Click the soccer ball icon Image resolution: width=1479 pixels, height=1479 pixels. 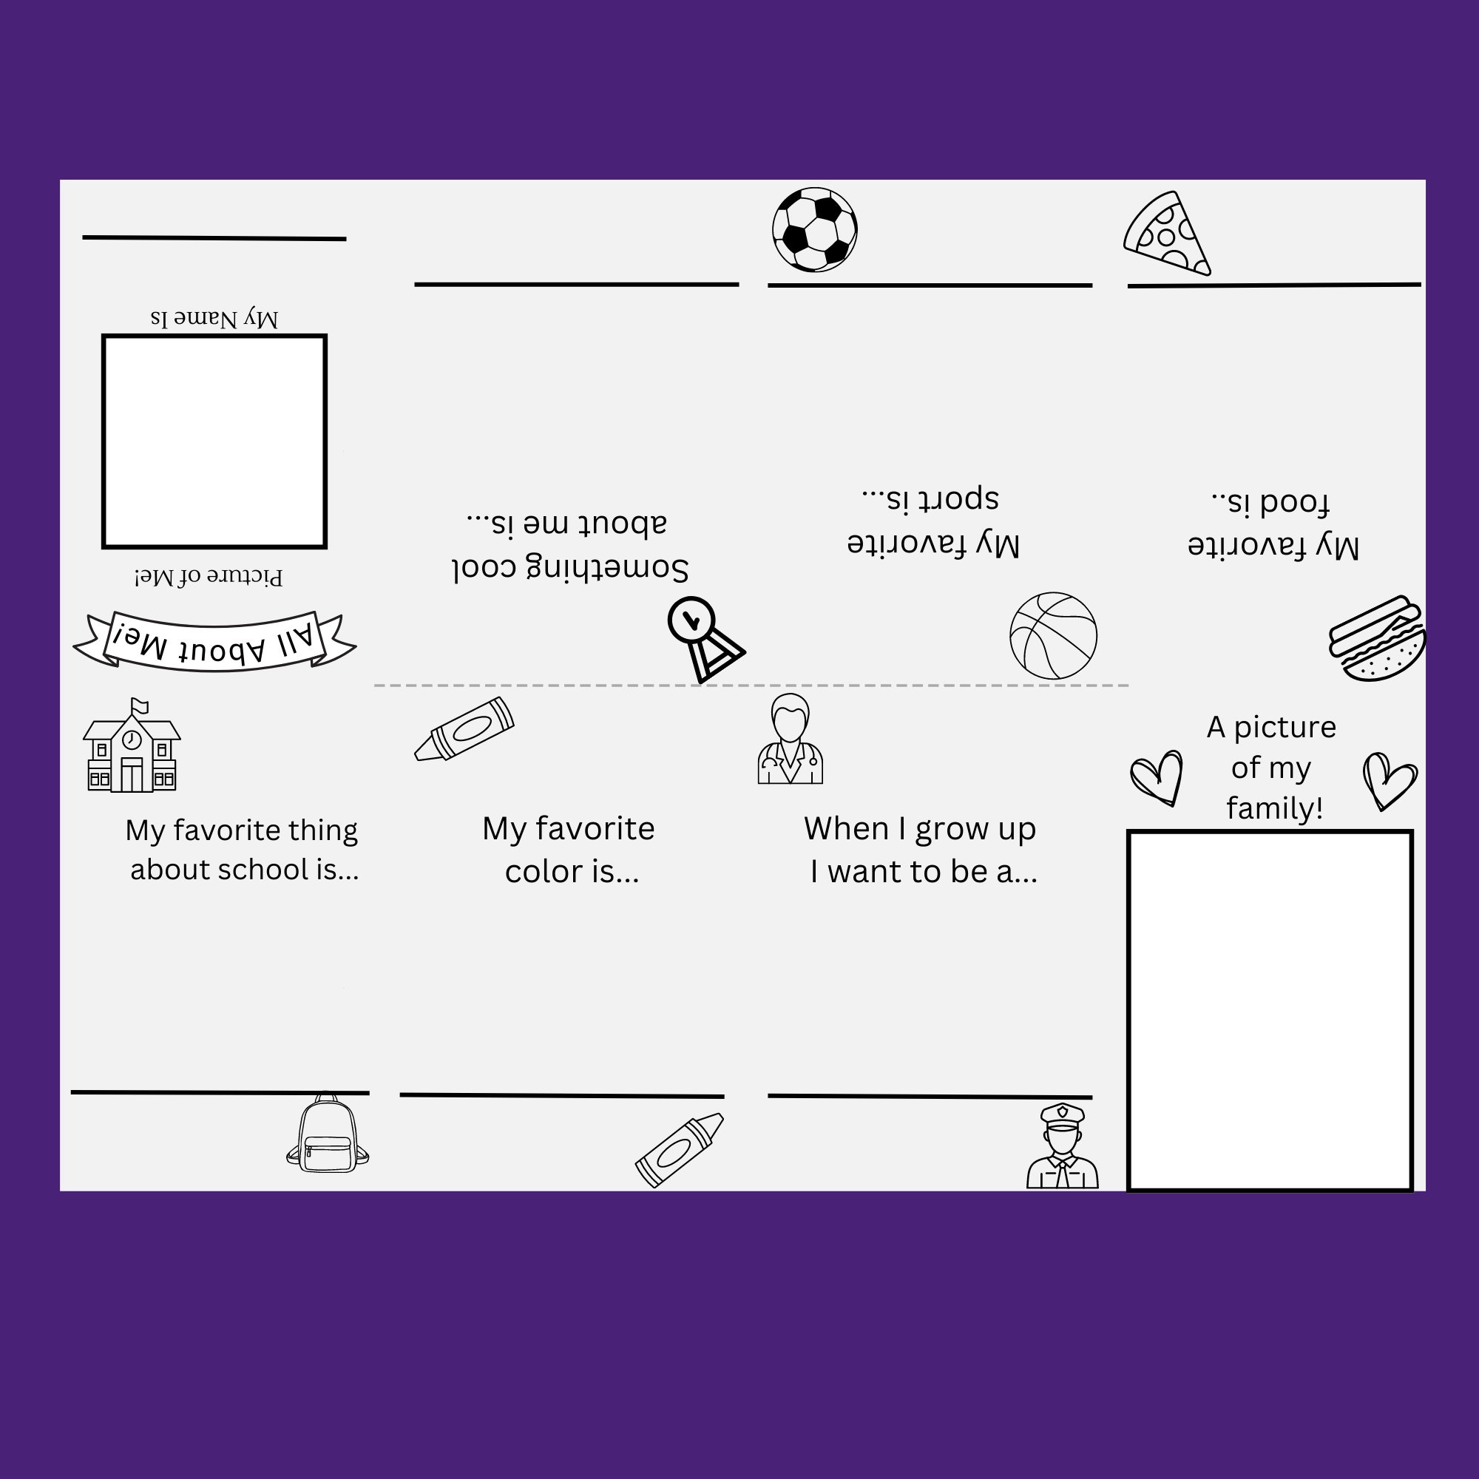coord(814,230)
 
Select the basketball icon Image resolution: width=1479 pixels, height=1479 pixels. coord(1053,635)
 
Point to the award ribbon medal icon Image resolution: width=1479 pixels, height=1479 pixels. coord(703,638)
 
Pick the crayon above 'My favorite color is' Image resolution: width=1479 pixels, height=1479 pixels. coord(464,729)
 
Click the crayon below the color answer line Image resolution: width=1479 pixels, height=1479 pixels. coord(678,1151)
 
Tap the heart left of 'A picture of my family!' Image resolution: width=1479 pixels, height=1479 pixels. coord(1157,777)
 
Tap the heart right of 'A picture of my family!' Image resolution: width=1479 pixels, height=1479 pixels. coord(1389,780)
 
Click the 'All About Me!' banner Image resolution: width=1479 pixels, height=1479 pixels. coord(214,641)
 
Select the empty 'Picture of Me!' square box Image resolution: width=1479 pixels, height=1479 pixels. coord(214,441)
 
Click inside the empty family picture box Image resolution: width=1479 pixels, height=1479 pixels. coord(1270,1009)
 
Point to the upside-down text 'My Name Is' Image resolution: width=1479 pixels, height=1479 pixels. coord(214,318)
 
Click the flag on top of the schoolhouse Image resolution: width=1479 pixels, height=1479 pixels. coord(139,705)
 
